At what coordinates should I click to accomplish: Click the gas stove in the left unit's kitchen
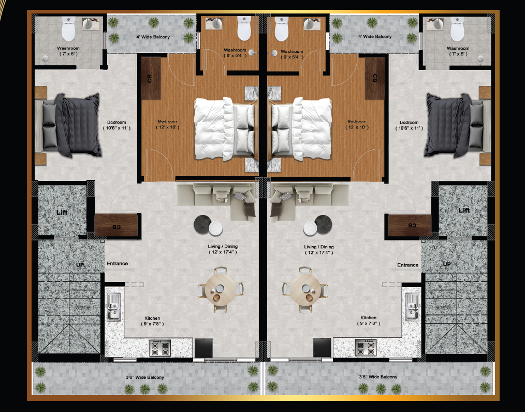(x=160, y=348)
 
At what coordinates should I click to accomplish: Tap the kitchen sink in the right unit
(x=412, y=307)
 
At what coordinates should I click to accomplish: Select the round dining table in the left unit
(x=221, y=290)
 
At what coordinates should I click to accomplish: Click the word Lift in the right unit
(x=464, y=210)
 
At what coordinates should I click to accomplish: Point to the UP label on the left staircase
(x=80, y=265)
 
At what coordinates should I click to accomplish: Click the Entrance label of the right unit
(x=408, y=265)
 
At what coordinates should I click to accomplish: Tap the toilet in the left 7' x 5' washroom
(x=68, y=29)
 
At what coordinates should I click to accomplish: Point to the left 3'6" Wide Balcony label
(x=145, y=377)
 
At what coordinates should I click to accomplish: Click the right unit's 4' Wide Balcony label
(x=375, y=37)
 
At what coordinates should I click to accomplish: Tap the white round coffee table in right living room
(x=310, y=229)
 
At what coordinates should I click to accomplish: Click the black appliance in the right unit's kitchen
(x=322, y=348)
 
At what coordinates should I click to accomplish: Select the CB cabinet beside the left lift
(x=116, y=225)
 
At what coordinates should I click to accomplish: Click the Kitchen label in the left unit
(x=152, y=318)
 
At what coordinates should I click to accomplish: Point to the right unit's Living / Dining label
(x=319, y=247)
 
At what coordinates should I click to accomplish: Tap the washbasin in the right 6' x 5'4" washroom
(x=309, y=24)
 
